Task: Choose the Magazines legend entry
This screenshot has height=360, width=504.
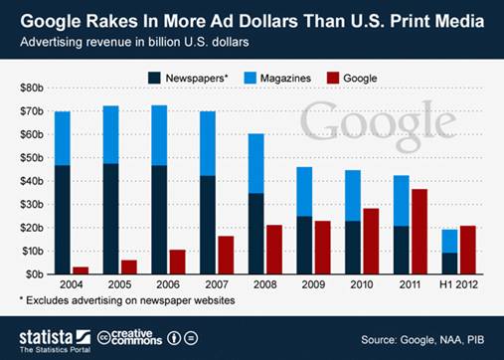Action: (x=276, y=76)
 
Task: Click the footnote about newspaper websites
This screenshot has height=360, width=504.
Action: (x=126, y=299)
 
